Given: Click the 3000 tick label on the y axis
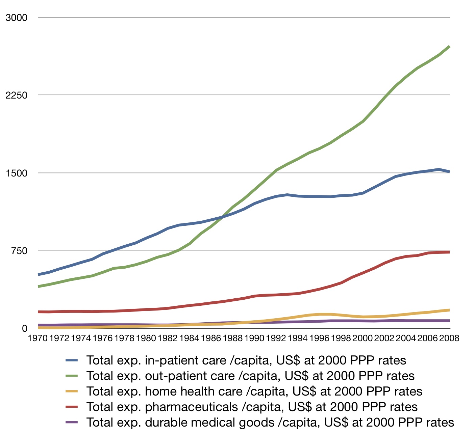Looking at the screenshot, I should point(17,18).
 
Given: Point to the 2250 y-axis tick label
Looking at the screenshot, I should point(17,95).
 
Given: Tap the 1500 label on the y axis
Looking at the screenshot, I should point(17,173).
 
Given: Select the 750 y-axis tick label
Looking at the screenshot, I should point(19,250).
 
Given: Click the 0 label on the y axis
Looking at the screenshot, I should point(24,328).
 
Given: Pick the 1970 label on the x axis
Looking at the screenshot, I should point(38,338).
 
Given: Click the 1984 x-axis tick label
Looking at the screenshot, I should point(189,338).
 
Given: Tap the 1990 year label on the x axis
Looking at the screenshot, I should point(254,338).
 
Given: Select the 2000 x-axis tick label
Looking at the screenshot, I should point(363,338).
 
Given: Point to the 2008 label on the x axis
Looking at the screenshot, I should point(449,338).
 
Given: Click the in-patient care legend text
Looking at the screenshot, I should point(246,360).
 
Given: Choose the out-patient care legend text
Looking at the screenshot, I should point(250,376).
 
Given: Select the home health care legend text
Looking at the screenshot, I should point(254,391).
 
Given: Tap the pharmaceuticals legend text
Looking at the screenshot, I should point(252,407).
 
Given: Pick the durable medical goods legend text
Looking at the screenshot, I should point(270,423).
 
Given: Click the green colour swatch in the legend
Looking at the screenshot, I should point(72,376).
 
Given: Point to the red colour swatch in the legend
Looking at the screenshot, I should point(72,407).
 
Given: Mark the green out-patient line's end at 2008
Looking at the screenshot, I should point(449,47).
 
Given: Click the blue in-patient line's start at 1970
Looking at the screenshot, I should point(39,274).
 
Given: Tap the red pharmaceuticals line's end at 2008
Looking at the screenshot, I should point(449,252).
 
